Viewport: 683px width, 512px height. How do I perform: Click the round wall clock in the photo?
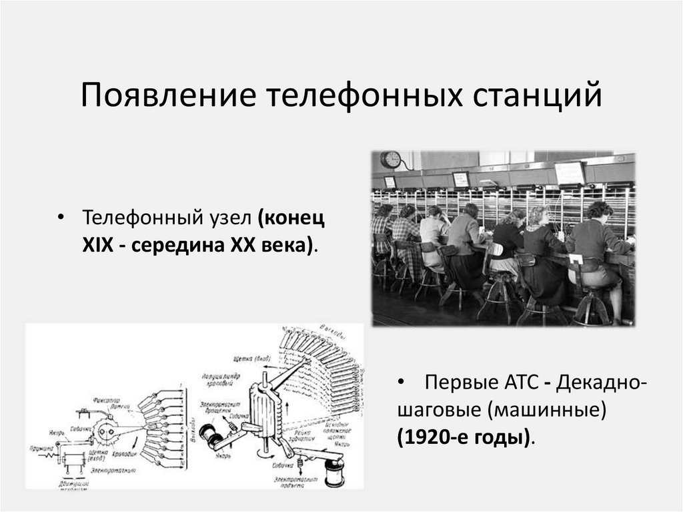(391, 160)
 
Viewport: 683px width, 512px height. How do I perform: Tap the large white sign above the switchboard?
(570, 173)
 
